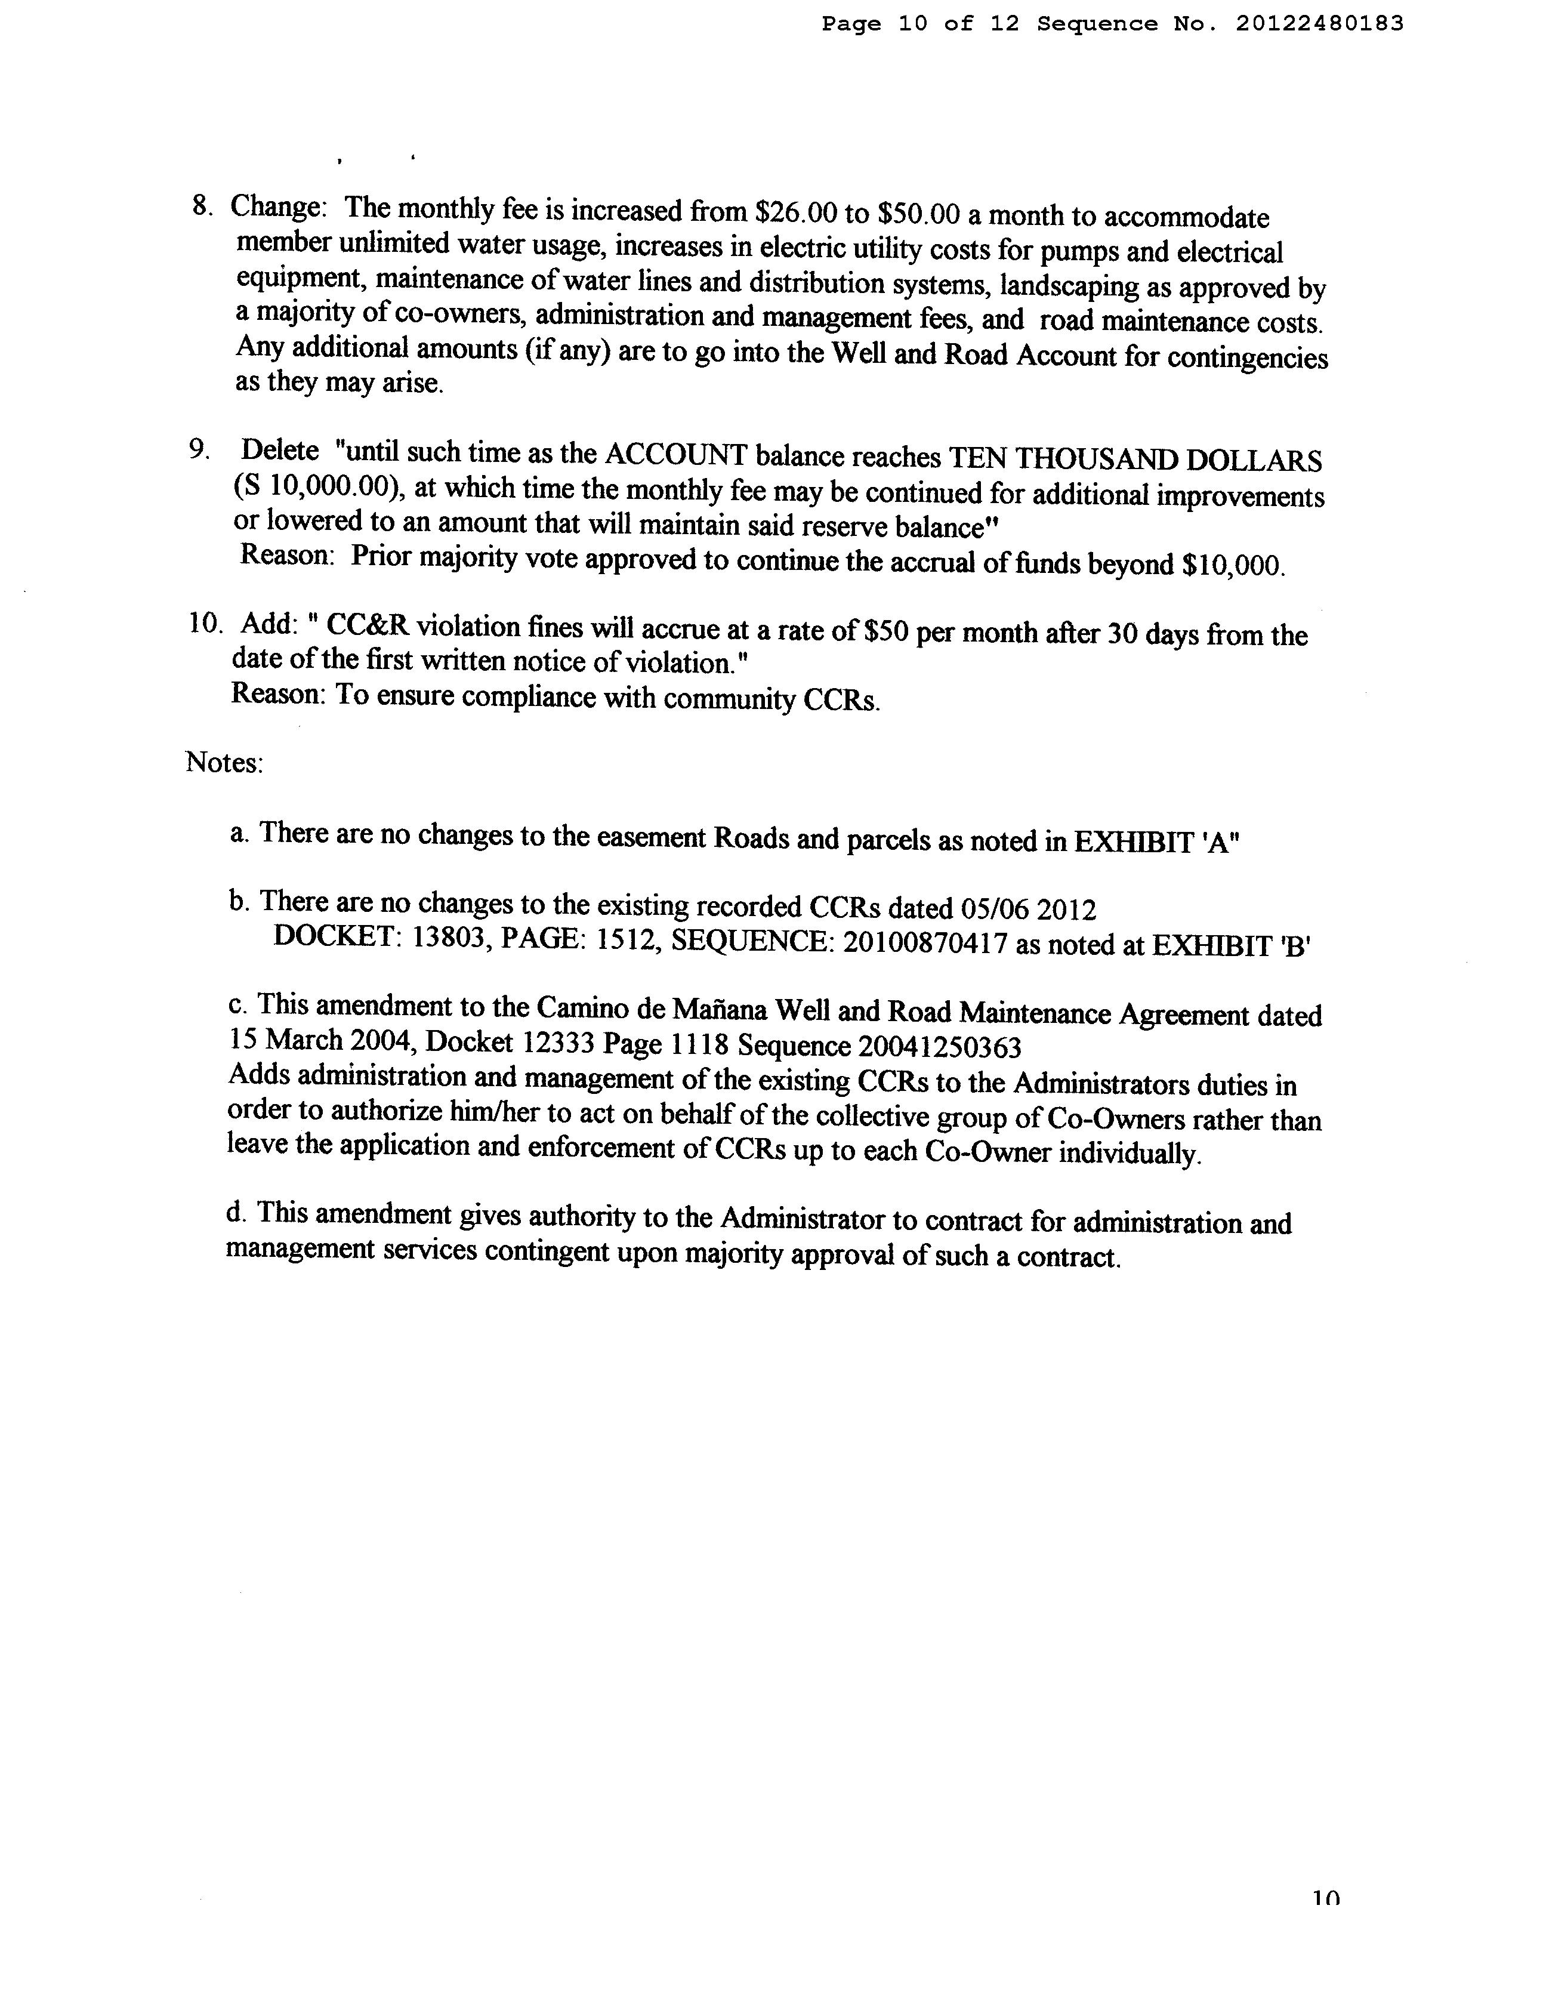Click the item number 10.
coord(205,623)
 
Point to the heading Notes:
coord(225,762)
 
